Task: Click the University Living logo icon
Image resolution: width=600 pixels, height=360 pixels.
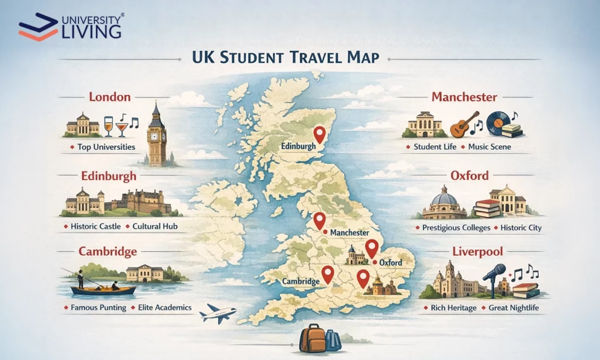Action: point(39,27)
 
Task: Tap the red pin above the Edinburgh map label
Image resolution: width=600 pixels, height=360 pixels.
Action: point(319,135)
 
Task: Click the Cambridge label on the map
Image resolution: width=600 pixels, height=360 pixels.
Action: point(301,281)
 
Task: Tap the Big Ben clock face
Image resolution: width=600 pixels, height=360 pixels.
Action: point(156,135)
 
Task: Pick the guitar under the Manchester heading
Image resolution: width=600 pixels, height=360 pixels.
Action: point(460,125)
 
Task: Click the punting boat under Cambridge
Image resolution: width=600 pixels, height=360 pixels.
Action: point(103,290)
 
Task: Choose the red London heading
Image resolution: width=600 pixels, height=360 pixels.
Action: point(110,97)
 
